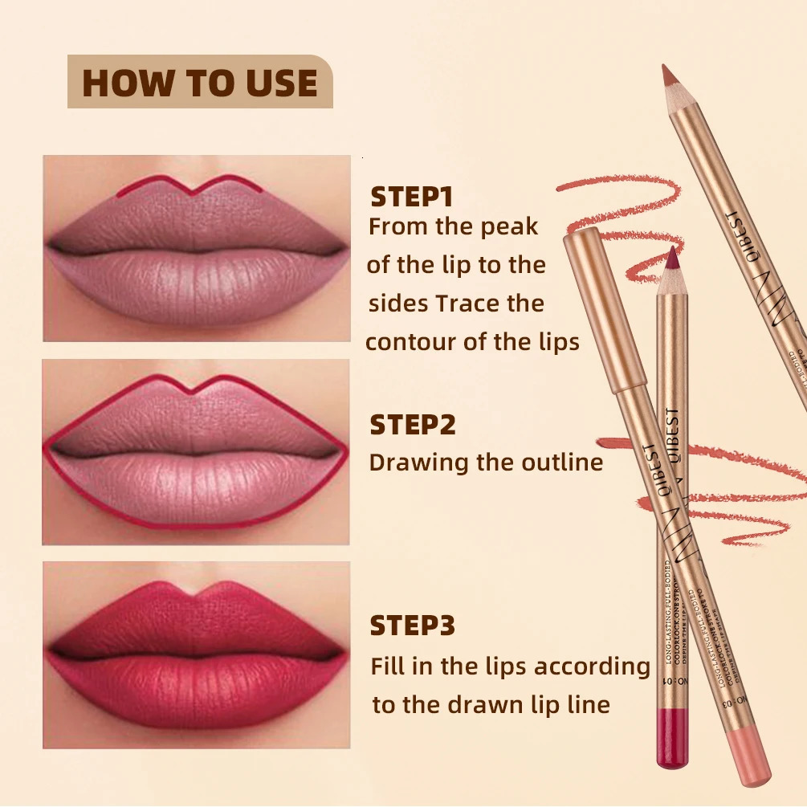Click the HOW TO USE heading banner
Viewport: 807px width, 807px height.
(199, 82)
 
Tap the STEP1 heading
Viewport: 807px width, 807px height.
(412, 197)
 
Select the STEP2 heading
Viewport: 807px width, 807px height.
(412, 425)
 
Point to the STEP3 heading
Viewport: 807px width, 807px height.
(412, 626)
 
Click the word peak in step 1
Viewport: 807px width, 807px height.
(509, 227)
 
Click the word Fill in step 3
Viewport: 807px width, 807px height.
(386, 666)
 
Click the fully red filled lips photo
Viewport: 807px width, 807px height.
(197, 654)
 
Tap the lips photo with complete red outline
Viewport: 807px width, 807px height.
(197, 452)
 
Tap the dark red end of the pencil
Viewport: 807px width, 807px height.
(668, 739)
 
